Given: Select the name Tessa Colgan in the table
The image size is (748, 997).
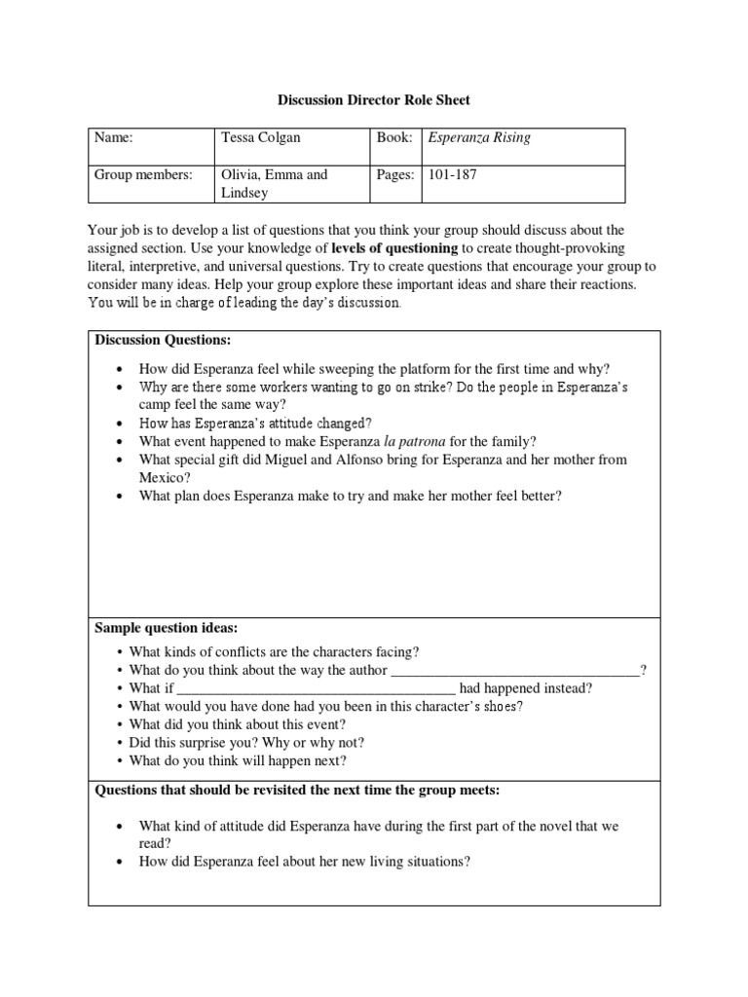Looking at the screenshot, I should (261, 138).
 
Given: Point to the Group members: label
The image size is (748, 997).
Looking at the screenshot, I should (143, 175).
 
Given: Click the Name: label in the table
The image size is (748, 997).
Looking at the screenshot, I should (113, 138).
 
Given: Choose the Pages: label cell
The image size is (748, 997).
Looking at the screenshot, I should (396, 175).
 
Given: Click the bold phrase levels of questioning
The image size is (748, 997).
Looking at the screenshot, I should (394, 248).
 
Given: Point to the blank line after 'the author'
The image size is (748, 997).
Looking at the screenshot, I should (515, 671).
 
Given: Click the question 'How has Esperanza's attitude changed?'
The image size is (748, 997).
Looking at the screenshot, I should (255, 424).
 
